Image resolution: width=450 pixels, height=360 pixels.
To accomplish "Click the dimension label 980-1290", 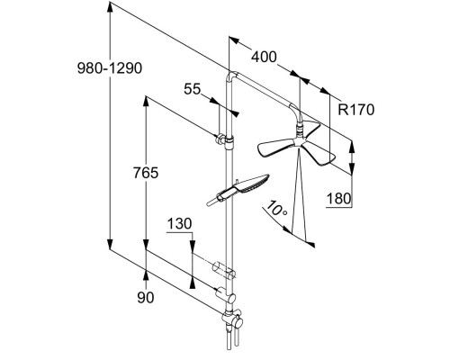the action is click(110, 68).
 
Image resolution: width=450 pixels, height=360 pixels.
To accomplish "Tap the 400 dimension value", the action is click(264, 57).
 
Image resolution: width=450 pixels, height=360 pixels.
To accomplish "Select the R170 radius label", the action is click(356, 110).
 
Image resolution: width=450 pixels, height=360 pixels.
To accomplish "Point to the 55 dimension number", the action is click(192, 89).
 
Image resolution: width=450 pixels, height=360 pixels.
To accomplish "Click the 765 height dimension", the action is click(146, 173).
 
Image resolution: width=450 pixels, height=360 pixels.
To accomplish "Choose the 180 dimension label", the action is click(338, 199).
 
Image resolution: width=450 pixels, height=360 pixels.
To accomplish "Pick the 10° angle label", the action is click(276, 208).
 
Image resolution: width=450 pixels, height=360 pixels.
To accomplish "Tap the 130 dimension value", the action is click(179, 224).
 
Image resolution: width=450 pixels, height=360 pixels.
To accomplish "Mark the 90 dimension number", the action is click(146, 297).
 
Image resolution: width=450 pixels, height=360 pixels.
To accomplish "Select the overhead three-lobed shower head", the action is click(296, 144).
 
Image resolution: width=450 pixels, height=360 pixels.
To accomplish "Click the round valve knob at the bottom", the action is click(238, 323).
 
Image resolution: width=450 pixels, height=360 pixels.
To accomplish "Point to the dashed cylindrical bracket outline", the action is click(224, 270).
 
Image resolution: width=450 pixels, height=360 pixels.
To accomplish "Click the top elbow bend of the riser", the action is click(232, 75).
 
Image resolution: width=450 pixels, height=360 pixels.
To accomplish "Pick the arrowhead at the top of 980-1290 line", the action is click(110, 7).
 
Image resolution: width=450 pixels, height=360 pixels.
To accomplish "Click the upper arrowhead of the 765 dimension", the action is click(146, 102).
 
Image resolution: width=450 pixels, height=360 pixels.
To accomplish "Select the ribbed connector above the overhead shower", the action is click(300, 130).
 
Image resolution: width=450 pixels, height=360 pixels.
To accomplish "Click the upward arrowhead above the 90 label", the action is click(146, 275).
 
